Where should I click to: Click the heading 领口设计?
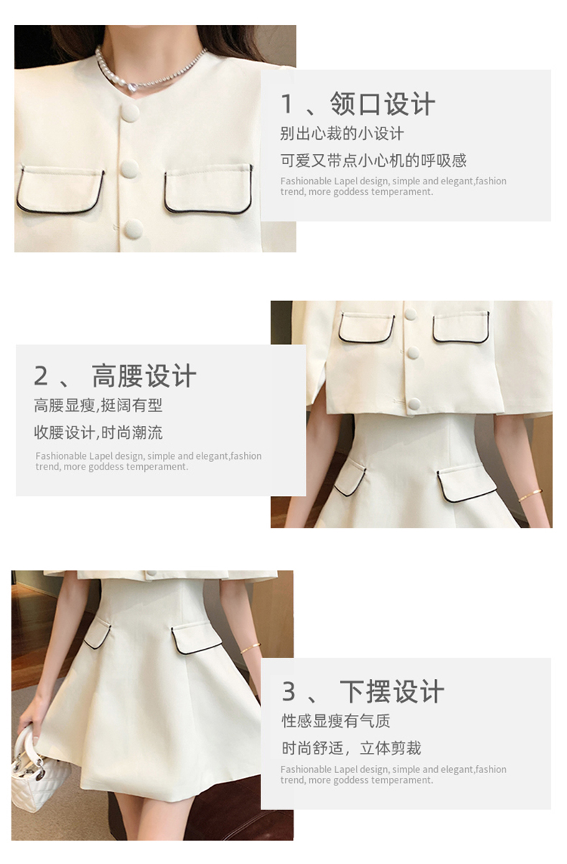click(x=382, y=104)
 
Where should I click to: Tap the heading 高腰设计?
click(x=144, y=375)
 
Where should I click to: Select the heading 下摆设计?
click(x=392, y=691)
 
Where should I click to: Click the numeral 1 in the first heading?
click(x=287, y=104)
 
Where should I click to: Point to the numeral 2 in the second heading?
click(x=41, y=376)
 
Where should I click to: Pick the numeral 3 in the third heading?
click(x=289, y=692)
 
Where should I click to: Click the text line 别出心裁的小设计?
click(x=342, y=133)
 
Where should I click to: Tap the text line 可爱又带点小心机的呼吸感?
click(x=373, y=161)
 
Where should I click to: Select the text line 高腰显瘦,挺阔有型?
click(x=98, y=405)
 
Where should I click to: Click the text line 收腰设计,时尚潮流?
click(x=98, y=432)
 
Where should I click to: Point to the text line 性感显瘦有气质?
click(x=336, y=721)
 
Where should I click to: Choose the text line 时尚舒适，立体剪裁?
click(x=351, y=748)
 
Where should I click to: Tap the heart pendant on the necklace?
click(x=132, y=87)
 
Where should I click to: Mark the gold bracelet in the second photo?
click(x=530, y=495)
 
